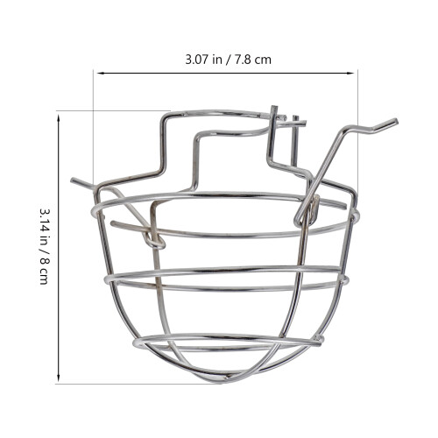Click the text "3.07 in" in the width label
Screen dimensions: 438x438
pos(203,60)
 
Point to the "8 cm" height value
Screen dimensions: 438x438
pos(44,271)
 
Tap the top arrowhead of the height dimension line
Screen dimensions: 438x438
pos(59,119)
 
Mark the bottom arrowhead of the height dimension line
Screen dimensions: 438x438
pos(59,378)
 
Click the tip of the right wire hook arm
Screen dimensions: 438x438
pos(396,121)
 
